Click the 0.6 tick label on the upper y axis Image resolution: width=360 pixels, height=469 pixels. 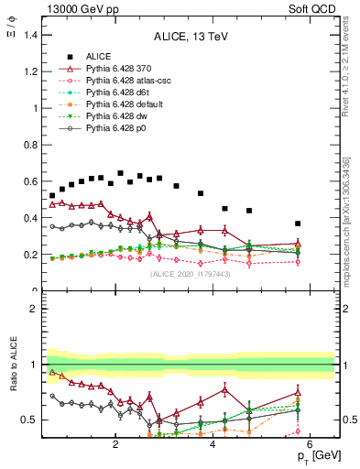tap(30, 181)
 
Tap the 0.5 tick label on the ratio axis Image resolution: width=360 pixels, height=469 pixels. tap(30, 420)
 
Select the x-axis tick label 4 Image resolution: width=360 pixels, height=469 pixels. tap(213, 445)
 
